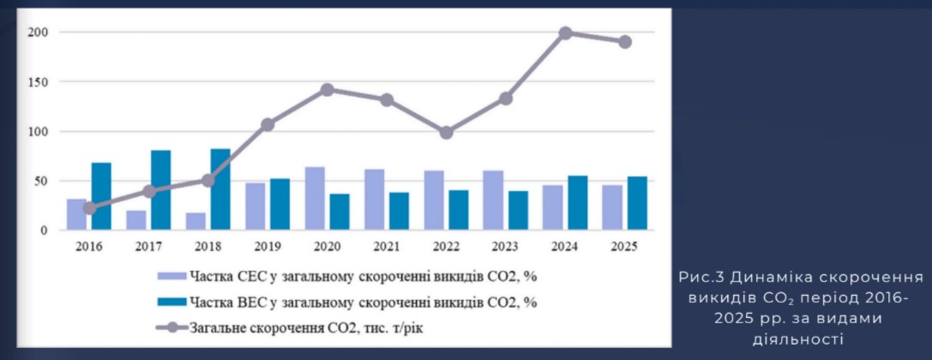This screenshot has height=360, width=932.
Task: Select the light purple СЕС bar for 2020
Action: click(x=315, y=198)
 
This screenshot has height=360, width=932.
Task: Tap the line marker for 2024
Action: click(x=566, y=33)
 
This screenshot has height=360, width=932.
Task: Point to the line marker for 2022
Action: click(x=446, y=133)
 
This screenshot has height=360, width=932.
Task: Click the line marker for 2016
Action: click(x=89, y=208)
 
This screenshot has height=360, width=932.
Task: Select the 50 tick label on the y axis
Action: click(x=39, y=181)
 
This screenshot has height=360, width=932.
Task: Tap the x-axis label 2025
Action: click(x=624, y=247)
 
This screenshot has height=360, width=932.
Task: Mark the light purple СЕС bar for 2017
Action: click(x=136, y=220)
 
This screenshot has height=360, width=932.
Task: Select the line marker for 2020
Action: click(x=327, y=89)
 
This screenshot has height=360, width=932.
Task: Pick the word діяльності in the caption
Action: click(x=799, y=339)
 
